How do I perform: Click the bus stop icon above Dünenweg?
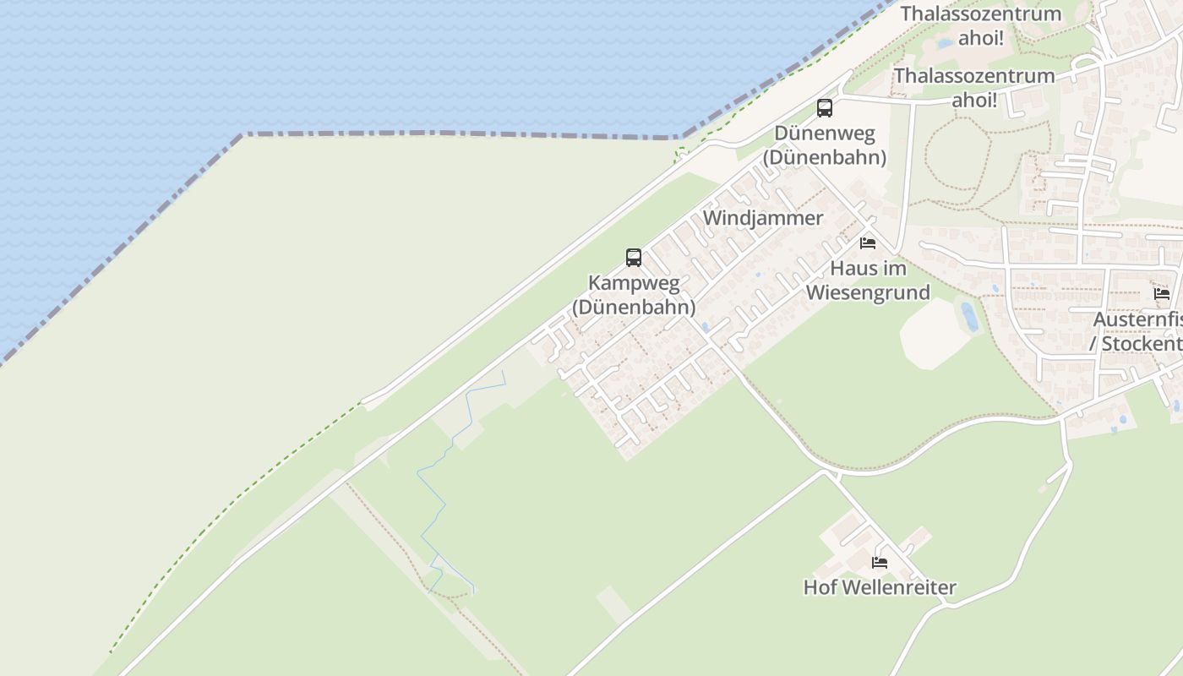pos(824,108)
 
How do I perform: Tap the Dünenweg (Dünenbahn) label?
pos(824,145)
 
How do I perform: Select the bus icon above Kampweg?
pos(633,258)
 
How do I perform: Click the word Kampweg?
pos(634,282)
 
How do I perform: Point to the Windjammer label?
pos(762,218)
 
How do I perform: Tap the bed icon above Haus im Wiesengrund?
pos(867,243)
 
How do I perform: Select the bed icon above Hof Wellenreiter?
pos(880,562)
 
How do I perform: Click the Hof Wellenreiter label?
pos(880,587)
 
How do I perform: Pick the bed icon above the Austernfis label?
pos(1162,294)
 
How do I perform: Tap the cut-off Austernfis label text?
pos(1137,320)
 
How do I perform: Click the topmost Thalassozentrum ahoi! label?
pos(980,25)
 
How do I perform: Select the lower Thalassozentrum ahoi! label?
pos(974,87)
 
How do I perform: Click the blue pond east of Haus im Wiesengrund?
pos(969,316)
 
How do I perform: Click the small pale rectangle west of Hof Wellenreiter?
pos(614,603)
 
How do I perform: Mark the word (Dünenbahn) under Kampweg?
pos(634,307)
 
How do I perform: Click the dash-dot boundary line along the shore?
pos(456,134)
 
